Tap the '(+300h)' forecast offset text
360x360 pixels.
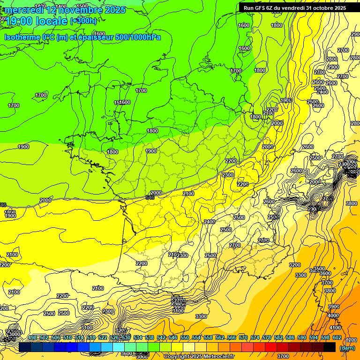click(x=83, y=21)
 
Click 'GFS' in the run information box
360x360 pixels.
click(x=262, y=8)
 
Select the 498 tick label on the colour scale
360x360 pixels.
click(x=32, y=337)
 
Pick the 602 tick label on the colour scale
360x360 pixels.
click(x=337, y=337)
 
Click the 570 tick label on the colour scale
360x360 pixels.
click(x=243, y=337)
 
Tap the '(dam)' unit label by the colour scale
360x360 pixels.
click(x=347, y=348)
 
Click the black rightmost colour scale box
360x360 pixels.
click(x=330, y=347)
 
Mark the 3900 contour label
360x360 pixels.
click(x=333, y=307)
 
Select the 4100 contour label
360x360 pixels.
click(x=335, y=328)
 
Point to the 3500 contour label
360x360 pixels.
click(x=319, y=269)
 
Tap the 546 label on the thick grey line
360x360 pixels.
click(x=150, y=198)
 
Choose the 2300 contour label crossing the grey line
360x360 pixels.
click(x=228, y=175)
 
